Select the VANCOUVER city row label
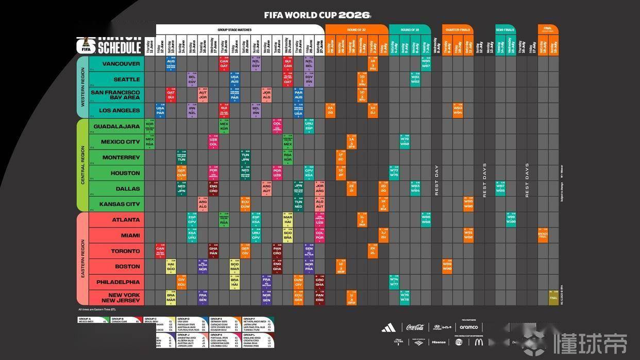coord(121,64)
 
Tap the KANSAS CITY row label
coord(120,204)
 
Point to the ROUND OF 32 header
coord(357,30)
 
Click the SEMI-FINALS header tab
coord(505,30)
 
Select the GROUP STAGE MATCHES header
coord(234,30)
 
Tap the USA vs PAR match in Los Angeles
coord(160,111)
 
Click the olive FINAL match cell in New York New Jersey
coord(553,298)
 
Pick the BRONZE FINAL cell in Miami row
coord(543,235)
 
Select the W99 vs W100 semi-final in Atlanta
coord(511,220)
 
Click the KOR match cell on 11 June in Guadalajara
coord(149,126)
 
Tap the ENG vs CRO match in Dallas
coord(213,188)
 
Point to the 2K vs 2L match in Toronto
coord(373,251)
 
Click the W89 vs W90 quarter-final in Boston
coord(447,266)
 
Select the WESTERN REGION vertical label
coord(82,87)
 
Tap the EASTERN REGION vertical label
coord(82,259)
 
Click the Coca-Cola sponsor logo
coord(415,327)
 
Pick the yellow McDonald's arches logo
coord(479,341)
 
